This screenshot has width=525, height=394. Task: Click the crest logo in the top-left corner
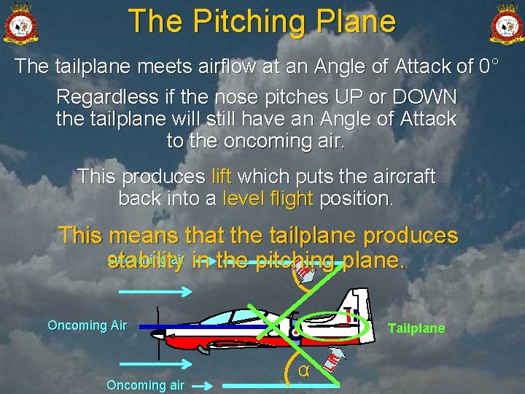click(20, 23)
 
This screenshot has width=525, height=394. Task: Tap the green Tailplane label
click(416, 328)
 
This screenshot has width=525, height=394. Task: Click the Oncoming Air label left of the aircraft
click(87, 325)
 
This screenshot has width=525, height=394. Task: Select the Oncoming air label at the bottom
click(145, 385)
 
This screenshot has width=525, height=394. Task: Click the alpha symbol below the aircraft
click(304, 371)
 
